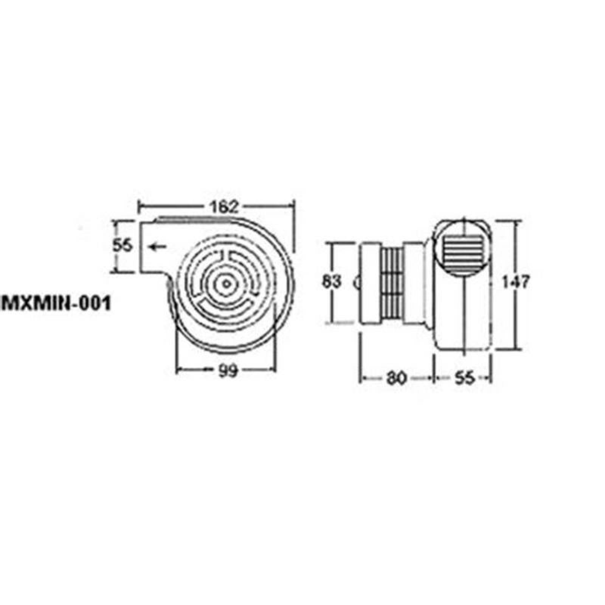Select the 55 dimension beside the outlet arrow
[x=123, y=247]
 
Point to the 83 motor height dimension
[x=331, y=282]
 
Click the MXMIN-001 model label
[x=57, y=302]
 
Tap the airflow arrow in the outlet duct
[x=158, y=247]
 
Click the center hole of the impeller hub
[x=226, y=283]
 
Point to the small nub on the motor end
[x=357, y=282]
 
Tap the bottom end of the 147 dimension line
[x=515, y=350]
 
